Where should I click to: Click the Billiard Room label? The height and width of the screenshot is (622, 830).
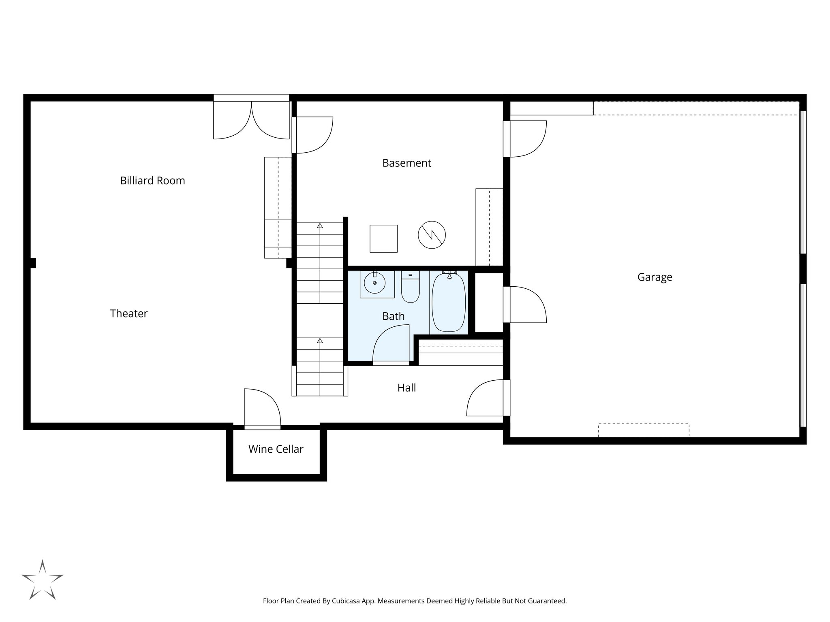pos(152,181)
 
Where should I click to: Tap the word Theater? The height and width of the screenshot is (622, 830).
pos(129,313)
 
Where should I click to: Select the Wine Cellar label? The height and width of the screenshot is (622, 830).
pos(276,449)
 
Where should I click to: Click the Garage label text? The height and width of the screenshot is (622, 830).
pos(655,277)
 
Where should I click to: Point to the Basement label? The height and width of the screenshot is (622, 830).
pos(406,163)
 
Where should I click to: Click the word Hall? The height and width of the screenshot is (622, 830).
pos(406,388)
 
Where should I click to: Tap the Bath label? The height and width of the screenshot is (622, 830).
pos(393,316)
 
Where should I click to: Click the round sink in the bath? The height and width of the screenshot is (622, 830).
pos(374,283)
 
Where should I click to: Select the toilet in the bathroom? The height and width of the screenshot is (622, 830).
pos(411,288)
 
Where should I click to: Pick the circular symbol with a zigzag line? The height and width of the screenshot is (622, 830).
pos(432,234)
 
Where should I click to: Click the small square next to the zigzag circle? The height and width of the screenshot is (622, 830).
pos(383,239)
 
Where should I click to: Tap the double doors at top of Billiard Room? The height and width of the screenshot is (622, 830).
pos(251,119)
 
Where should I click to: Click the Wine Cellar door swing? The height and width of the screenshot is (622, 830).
pos(261,407)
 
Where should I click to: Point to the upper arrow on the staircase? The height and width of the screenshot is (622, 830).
pos(320,226)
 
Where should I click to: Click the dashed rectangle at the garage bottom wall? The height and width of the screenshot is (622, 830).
pos(643,430)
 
